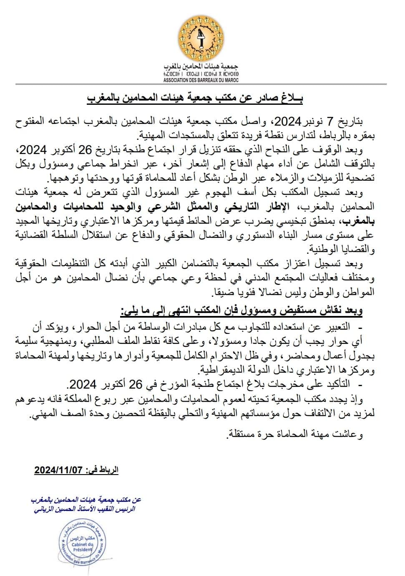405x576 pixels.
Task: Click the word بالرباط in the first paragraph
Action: coord(353,136)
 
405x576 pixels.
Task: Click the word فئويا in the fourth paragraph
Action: coord(239,293)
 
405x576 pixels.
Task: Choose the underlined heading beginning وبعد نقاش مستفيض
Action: coord(242,311)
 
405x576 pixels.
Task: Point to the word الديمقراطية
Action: coord(229,370)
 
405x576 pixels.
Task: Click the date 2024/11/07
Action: coord(58,470)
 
